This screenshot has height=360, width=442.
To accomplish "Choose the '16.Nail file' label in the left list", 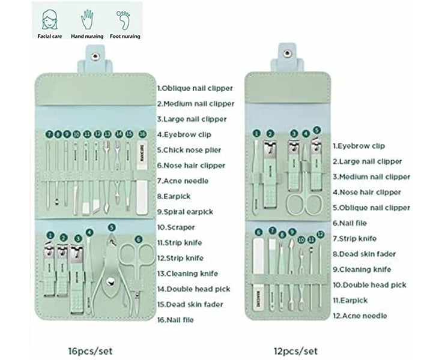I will click(175, 320).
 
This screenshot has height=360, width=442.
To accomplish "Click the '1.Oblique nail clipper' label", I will click(195, 88).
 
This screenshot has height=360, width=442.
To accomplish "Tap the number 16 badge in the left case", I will click(142, 134).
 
